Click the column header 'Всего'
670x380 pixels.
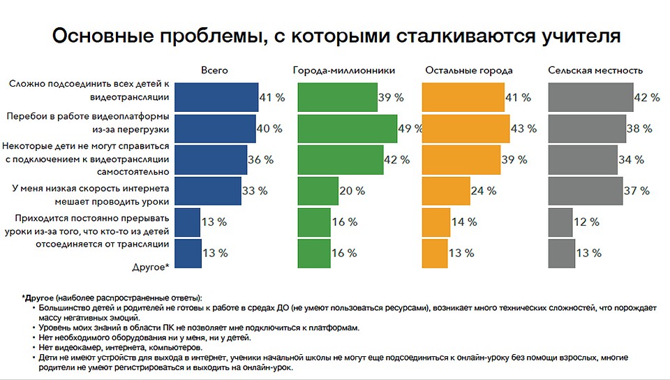point(214,71)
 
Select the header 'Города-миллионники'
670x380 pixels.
point(344,71)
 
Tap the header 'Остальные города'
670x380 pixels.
point(468,71)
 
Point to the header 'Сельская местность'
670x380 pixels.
point(595,71)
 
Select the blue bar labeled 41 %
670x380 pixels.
point(216,97)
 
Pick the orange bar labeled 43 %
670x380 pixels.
point(466,129)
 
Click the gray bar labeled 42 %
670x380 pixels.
point(590,97)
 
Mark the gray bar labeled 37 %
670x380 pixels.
point(585,191)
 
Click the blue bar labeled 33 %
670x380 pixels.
point(208,191)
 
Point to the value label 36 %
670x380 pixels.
point(260,160)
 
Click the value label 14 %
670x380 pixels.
point(464,222)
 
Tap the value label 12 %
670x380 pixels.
point(586,222)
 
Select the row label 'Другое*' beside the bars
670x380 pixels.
point(151,267)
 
